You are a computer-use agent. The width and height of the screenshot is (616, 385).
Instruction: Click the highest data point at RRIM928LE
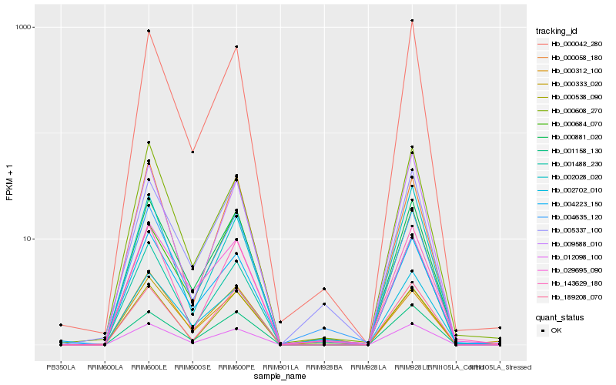(413, 21)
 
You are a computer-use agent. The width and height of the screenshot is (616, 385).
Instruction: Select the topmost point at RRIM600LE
(149, 31)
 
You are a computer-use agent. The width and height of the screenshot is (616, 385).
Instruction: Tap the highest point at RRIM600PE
(236, 47)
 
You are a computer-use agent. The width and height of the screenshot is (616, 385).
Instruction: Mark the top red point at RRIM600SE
(192, 152)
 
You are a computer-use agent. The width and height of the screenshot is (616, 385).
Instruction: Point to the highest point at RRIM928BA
(324, 289)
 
